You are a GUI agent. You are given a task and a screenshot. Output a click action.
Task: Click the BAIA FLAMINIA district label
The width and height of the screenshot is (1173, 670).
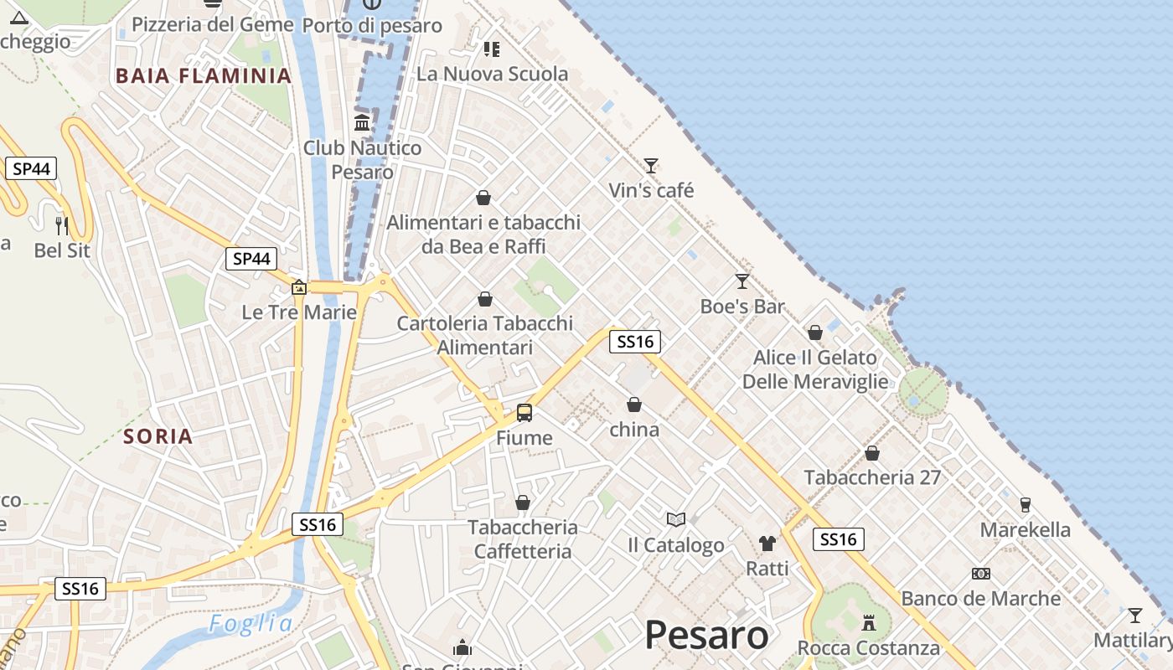[x=204, y=76]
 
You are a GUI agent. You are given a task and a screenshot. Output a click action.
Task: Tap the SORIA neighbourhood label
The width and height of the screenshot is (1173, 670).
[x=158, y=436]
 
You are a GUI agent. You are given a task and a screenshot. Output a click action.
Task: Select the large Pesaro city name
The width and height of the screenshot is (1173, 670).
[x=706, y=636]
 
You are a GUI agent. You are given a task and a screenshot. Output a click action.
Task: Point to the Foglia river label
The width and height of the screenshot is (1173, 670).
[x=251, y=624]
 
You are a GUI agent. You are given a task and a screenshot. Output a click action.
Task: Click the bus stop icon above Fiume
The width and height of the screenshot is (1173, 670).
[x=524, y=412]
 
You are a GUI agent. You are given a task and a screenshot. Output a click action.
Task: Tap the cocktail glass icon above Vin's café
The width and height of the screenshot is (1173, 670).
[x=651, y=165]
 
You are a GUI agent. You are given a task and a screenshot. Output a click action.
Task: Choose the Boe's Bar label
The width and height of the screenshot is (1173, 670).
[x=742, y=307]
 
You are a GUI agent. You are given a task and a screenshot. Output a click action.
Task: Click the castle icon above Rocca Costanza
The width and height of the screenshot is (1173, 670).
[x=869, y=623]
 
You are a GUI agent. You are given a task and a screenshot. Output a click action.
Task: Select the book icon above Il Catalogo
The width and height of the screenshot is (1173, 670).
[x=676, y=519]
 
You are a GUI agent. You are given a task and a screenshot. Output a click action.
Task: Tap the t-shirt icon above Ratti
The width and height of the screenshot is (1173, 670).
[x=767, y=543]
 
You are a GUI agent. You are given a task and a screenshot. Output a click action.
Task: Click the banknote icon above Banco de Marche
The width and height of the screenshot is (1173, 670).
[x=981, y=574]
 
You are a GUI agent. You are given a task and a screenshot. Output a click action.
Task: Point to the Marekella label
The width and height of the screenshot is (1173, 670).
[x=1026, y=530]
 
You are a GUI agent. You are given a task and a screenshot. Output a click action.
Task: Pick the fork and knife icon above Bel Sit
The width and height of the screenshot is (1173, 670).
[x=62, y=224]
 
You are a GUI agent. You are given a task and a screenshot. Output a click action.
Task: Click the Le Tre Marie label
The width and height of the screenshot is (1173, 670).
[x=299, y=312]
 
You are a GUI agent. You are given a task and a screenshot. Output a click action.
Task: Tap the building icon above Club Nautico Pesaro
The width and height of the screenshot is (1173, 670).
[x=362, y=123]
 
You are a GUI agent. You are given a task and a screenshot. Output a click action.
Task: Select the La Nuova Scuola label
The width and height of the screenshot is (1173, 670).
[x=493, y=74]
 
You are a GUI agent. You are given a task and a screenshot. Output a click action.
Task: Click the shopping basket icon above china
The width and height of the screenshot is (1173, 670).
[x=634, y=405]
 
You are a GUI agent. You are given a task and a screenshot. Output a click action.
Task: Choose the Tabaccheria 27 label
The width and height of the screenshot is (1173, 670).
[x=872, y=477]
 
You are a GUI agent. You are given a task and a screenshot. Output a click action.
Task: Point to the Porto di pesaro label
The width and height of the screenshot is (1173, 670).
[x=372, y=25]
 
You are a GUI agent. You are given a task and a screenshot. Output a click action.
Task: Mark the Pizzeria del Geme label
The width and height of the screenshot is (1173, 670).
[x=213, y=24]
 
